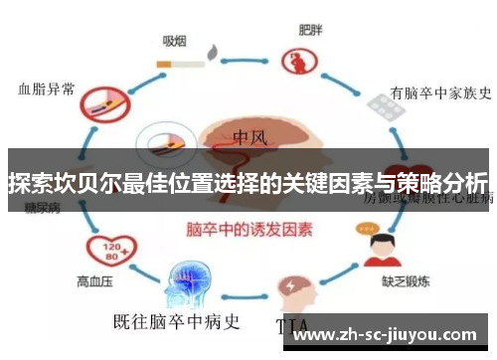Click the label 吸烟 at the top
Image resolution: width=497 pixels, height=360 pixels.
tap(175, 41)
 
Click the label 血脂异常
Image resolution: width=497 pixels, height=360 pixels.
tap(47, 88)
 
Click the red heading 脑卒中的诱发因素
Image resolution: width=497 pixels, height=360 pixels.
tap(249, 229)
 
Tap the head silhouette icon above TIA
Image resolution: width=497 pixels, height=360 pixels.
tap(295, 287)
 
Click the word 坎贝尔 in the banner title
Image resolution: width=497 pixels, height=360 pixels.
tap(83, 184)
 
